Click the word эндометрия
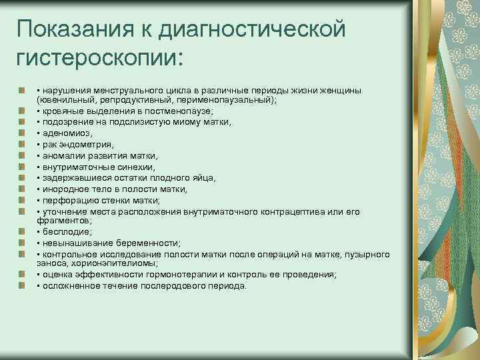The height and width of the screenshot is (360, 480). (x=86, y=143)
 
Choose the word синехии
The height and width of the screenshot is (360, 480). (x=134, y=166)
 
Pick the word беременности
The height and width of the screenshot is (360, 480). (x=149, y=243)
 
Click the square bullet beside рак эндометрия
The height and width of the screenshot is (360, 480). (x=22, y=143)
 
